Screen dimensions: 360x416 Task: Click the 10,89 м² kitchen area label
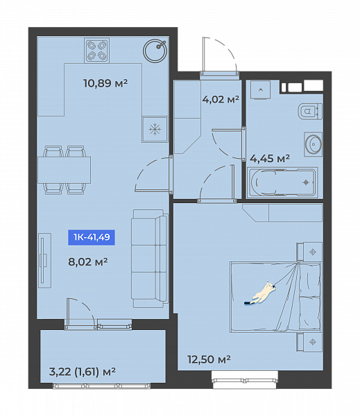click(x=105, y=83)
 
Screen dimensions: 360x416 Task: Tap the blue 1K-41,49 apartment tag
click(x=92, y=237)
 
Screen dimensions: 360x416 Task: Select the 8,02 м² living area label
click(x=88, y=261)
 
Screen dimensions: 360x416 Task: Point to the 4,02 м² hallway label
click(x=221, y=99)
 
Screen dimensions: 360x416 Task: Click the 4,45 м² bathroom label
click(x=270, y=158)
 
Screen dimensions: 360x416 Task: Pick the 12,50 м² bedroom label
click(x=209, y=359)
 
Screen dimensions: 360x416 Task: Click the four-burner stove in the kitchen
click(x=96, y=51)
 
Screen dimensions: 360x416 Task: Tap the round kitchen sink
click(x=155, y=51)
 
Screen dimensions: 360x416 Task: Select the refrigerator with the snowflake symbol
click(x=155, y=130)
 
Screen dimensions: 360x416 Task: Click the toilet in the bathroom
click(x=310, y=111)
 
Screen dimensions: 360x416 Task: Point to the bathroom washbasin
click(x=314, y=144)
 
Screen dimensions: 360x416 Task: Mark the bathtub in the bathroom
click(x=282, y=182)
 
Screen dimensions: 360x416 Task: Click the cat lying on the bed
click(x=260, y=293)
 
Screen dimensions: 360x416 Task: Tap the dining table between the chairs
click(x=65, y=170)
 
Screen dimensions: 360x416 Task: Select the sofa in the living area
click(x=150, y=259)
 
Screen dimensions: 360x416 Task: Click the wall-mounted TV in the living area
click(x=44, y=261)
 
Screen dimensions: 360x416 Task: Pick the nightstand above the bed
click(x=309, y=252)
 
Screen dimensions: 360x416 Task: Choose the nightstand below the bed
click(x=309, y=342)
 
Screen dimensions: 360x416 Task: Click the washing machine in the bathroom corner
click(x=260, y=90)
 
